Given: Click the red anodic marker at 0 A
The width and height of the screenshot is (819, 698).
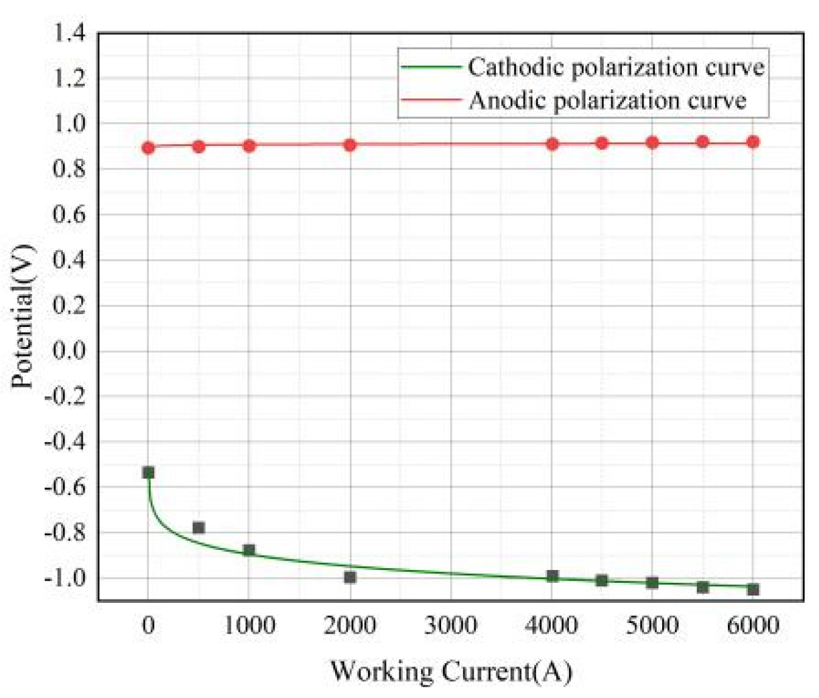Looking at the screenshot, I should click(148, 147).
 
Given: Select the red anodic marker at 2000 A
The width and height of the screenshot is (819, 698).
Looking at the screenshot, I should click(350, 145).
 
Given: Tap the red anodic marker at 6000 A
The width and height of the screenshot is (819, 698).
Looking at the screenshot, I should click(753, 142).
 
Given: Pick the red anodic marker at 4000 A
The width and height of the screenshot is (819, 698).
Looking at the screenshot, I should click(552, 143).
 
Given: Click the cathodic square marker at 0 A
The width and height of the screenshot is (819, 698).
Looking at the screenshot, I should click(148, 472).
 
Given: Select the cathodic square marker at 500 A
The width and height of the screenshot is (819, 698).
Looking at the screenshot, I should click(198, 528).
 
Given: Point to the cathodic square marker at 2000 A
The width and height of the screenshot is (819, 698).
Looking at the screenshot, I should click(350, 577).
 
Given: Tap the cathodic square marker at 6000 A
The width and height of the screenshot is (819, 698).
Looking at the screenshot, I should click(753, 589).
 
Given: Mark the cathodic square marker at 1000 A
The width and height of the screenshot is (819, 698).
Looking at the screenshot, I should click(249, 550).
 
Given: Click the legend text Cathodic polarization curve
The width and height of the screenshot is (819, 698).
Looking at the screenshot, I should click(615, 67).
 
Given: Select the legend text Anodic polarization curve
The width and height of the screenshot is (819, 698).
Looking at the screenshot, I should click(607, 100).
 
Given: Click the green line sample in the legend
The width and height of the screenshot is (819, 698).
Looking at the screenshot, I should click(431, 67).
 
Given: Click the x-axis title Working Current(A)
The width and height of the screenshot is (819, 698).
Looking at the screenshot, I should click(450, 671).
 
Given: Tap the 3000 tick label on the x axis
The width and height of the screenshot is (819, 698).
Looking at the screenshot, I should click(450, 626).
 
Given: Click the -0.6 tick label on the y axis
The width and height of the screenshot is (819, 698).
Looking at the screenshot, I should click(66, 487).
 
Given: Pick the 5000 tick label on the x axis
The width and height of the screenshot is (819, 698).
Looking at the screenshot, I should click(652, 626).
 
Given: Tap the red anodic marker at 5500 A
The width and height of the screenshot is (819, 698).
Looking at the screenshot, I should click(702, 142).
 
